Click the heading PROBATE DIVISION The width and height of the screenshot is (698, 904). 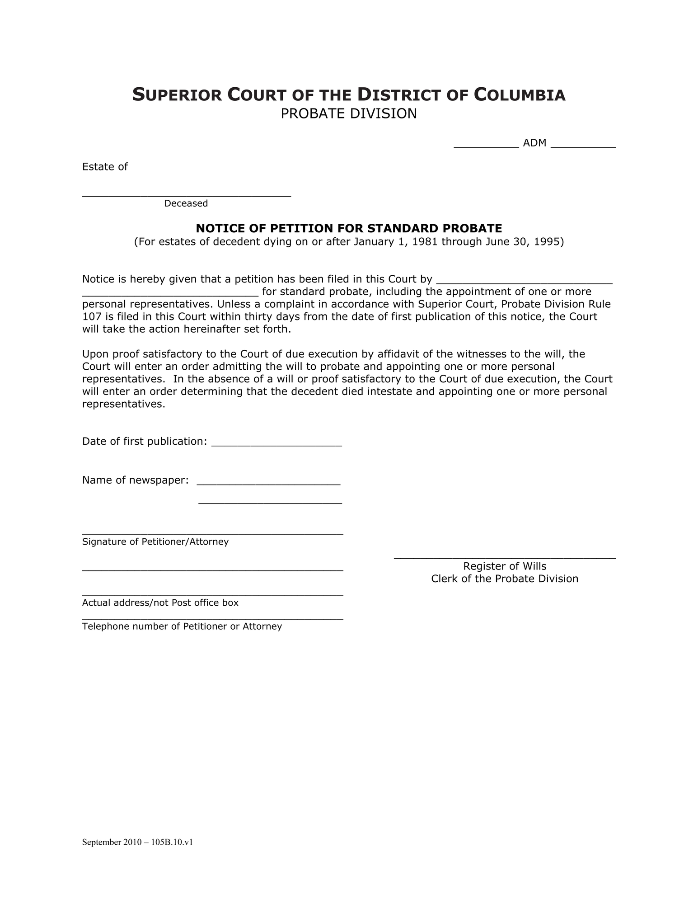pyautogui.click(x=348, y=113)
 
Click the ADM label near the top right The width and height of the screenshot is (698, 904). pyautogui.click(x=534, y=143)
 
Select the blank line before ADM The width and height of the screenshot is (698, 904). pyautogui.click(x=486, y=146)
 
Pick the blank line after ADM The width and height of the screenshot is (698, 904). pyautogui.click(x=583, y=146)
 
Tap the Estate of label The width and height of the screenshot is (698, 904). pyautogui.click(x=105, y=167)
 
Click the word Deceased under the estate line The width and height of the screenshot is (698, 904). pyautogui.click(x=186, y=203)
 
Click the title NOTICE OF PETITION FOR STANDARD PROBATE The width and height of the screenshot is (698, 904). pyautogui.click(x=349, y=228)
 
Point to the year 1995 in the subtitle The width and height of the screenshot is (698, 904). pyautogui.click(x=547, y=242)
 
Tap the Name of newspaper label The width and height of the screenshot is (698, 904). pyautogui.click(x=135, y=480)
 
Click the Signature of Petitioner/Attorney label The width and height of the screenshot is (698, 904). pyautogui.click(x=155, y=541)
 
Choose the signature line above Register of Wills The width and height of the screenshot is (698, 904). pyautogui.click(x=504, y=556)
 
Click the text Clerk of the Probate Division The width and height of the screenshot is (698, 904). pyautogui.click(x=504, y=579)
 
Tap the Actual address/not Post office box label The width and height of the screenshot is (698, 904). pyautogui.click(x=160, y=603)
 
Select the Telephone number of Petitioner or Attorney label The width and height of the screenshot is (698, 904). pyautogui.click(x=182, y=626)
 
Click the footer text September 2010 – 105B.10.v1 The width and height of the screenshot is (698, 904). pyautogui.click(x=137, y=842)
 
